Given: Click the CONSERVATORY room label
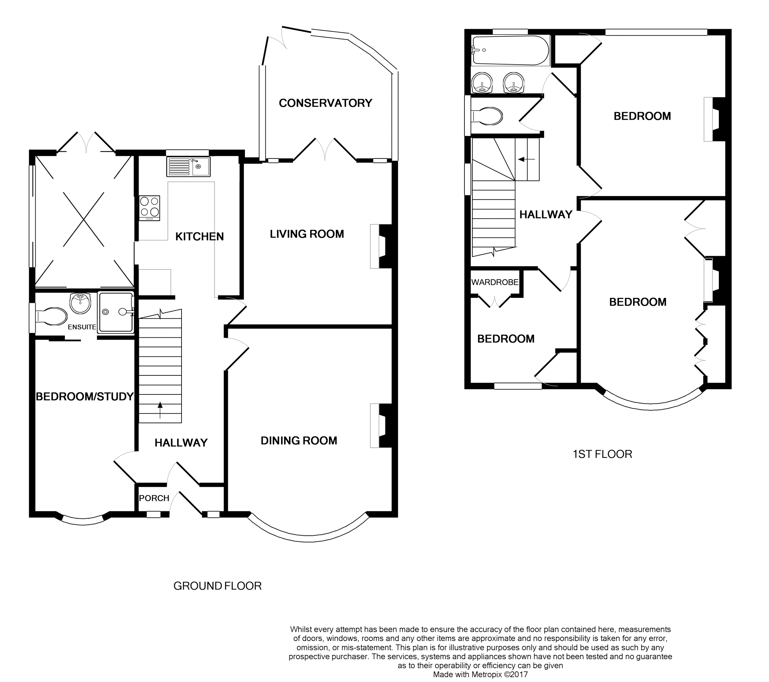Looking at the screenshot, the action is pos(325,103).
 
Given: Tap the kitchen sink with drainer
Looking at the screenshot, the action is pos(188,167).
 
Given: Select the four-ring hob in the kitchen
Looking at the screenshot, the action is pos(150,208).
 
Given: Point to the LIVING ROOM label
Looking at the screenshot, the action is pos(307,234).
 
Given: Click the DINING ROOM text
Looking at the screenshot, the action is pos(299,441).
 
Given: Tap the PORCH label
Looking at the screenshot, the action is pos(154,498).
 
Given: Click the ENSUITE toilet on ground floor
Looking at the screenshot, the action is pos(51,317).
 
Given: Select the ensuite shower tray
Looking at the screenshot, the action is pos(116,312).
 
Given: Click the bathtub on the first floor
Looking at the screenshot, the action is pos(510,51).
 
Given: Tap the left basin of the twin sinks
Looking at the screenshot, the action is pos(482,82).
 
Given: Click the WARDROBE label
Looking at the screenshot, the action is pos(495,282).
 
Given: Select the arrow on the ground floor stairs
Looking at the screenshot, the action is pos(160,410).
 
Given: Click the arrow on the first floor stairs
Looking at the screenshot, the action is pos(526,160).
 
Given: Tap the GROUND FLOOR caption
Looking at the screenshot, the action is pos(218,586).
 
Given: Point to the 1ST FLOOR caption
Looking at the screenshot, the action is pos(602,454).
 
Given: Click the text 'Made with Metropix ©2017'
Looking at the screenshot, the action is pos(480,675).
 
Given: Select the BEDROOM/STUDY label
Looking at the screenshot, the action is pos(85,397).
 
